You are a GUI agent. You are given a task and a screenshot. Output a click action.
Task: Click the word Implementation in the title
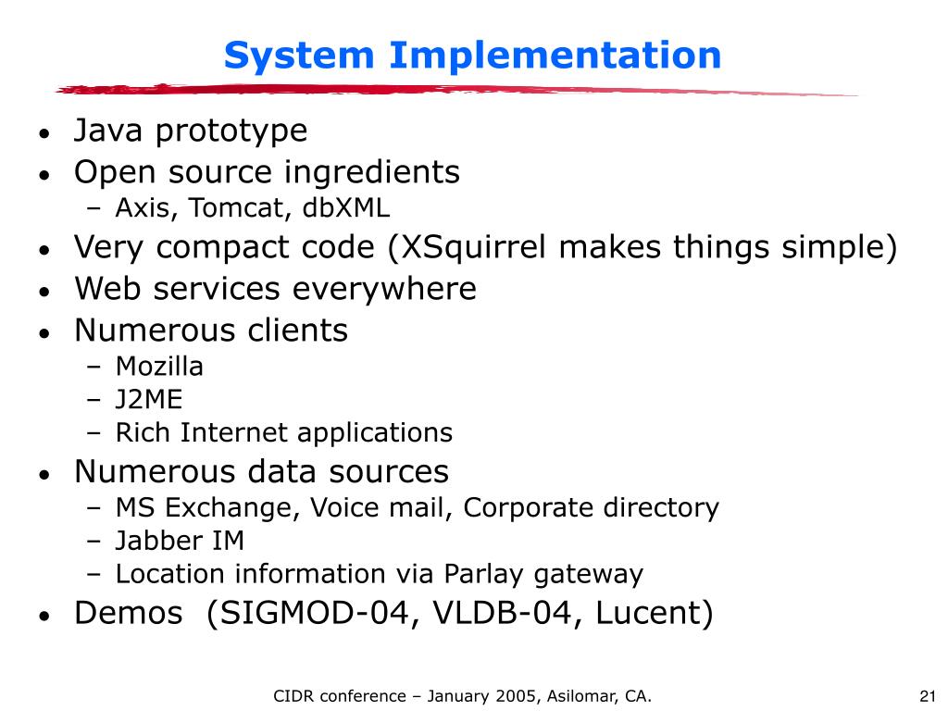(555, 56)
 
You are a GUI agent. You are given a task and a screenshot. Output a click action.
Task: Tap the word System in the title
(301, 56)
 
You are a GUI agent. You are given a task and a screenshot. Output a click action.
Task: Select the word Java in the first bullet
(109, 131)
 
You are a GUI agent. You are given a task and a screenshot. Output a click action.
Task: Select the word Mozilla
(159, 366)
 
